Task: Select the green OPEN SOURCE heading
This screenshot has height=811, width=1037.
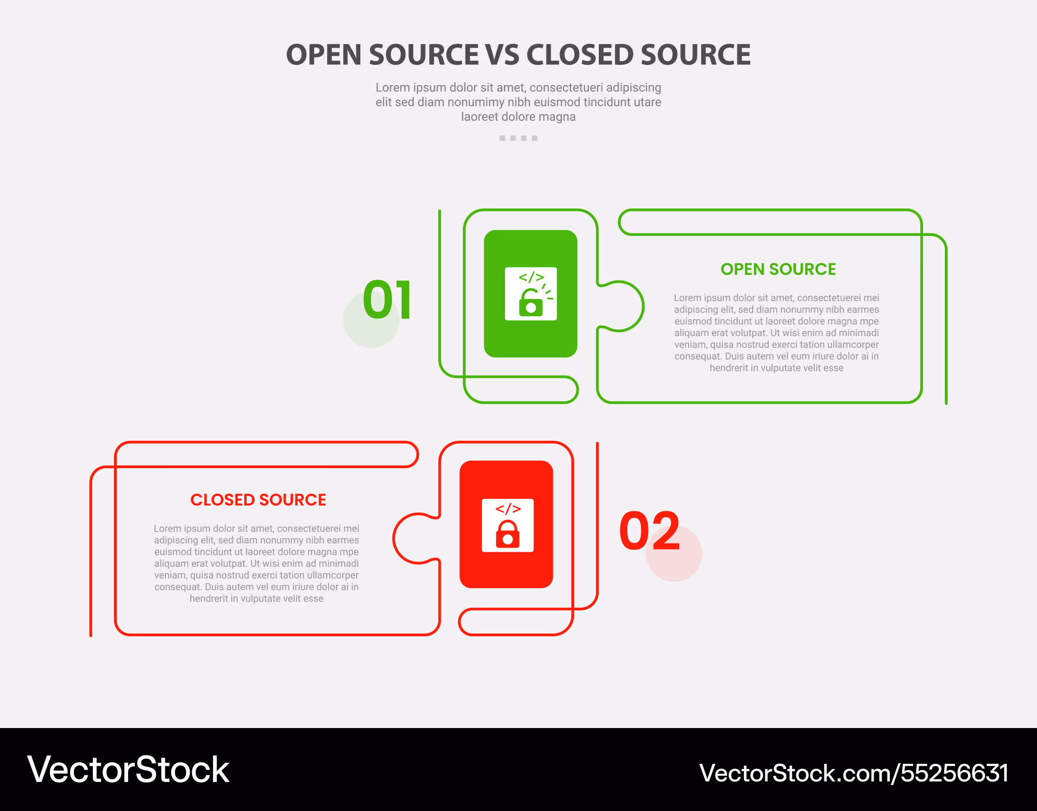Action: [x=778, y=269]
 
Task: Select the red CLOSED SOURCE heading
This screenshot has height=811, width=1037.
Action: [x=258, y=500]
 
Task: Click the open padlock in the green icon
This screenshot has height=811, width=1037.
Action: [x=530, y=302]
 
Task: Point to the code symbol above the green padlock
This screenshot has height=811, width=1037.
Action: [x=531, y=277]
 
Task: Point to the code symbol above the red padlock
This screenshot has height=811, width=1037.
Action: [x=508, y=508]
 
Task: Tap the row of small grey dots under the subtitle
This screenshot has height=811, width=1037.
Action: [x=518, y=138]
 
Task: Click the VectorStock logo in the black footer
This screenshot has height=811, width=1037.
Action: [x=128, y=770]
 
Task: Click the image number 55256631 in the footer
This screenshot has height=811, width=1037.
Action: [x=954, y=773]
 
